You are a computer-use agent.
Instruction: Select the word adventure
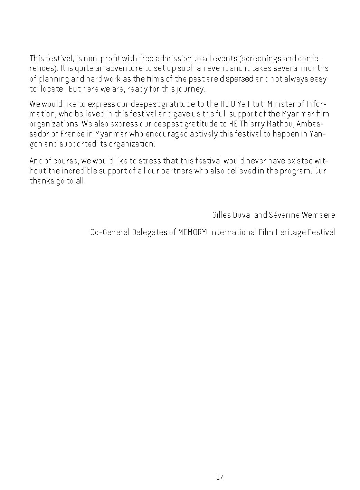click(x=113, y=69)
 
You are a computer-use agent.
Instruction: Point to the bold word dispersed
click(x=237, y=79)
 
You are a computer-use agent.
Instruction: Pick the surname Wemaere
click(x=318, y=215)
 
